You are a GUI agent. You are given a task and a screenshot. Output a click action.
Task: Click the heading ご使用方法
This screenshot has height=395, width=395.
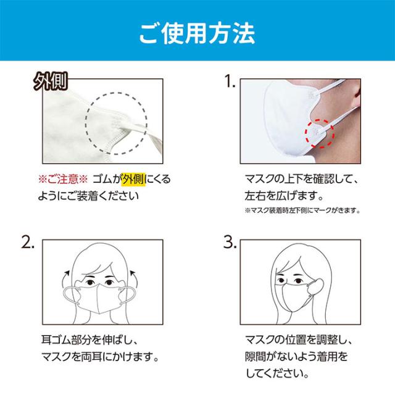tap(197, 33)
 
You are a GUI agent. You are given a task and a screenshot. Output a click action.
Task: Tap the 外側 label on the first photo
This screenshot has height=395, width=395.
tap(51, 81)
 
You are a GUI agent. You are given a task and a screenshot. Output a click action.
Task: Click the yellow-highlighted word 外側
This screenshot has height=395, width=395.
tap(133, 179)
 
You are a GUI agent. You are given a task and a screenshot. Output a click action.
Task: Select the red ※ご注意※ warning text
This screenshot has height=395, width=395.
tap(63, 180)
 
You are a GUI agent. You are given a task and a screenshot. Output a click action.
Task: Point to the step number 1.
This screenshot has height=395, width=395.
tap(230, 81)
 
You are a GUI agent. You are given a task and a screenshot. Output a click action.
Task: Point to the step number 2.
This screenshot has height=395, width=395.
tap(28, 243)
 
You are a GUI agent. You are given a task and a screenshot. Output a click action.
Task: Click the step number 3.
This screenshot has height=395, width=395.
tap(230, 243)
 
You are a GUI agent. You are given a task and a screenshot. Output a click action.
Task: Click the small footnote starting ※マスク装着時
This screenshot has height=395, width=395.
tap(302, 210)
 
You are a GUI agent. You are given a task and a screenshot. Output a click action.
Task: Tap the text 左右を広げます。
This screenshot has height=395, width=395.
tap(284, 196)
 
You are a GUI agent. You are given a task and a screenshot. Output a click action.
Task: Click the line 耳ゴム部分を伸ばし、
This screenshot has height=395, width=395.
tap(89, 340)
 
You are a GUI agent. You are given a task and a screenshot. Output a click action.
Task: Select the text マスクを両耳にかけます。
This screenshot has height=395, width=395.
tap(100, 357)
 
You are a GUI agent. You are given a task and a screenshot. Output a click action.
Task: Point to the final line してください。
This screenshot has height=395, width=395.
tap(277, 373)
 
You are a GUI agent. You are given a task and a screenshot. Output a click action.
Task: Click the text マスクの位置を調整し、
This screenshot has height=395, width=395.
tap(299, 340)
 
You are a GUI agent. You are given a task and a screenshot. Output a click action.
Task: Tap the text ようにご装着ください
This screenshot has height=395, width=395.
tap(88, 196)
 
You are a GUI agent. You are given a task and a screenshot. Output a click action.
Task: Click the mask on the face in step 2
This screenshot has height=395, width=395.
tap(99, 299)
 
